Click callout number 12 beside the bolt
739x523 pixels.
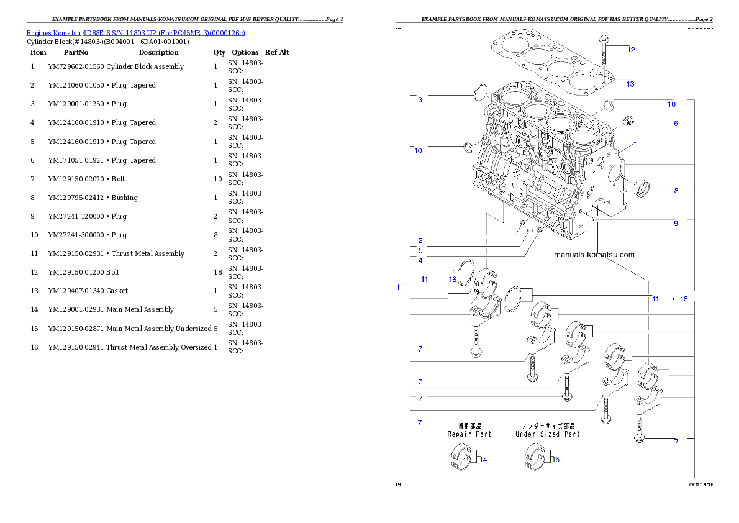[x=631, y=50]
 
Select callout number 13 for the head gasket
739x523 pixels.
[x=630, y=84]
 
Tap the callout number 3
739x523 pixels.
[x=420, y=100]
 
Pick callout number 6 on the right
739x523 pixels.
[x=676, y=124]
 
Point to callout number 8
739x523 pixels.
[x=676, y=191]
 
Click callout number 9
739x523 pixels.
[x=676, y=224]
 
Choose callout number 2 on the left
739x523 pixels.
[x=420, y=240]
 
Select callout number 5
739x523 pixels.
[x=420, y=251]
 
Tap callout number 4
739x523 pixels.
[x=420, y=261]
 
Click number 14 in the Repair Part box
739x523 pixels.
[x=483, y=460]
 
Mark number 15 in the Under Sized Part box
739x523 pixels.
[x=555, y=460]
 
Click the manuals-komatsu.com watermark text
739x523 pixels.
[x=594, y=255]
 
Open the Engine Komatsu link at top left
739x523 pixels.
[x=135, y=33]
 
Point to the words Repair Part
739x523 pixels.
[x=469, y=434]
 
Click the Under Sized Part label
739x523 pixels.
[x=547, y=434]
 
